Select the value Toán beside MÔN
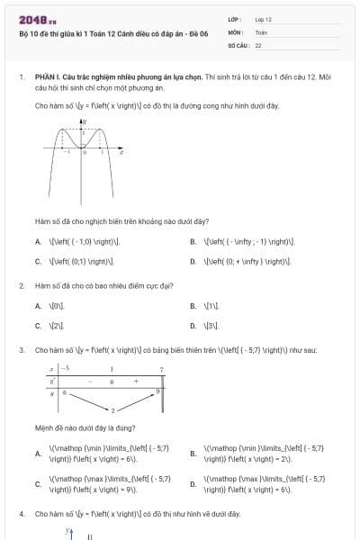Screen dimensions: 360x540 point(261,31)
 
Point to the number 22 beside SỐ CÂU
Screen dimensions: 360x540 point(258,44)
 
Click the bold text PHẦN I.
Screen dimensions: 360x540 point(47,78)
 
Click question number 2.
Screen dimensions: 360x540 point(21,285)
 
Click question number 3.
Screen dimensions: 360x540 point(21,349)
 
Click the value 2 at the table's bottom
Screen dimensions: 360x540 point(113,410)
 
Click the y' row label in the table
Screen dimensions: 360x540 point(53,382)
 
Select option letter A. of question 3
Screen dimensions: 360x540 point(38,453)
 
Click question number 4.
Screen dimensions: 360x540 point(21,513)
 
